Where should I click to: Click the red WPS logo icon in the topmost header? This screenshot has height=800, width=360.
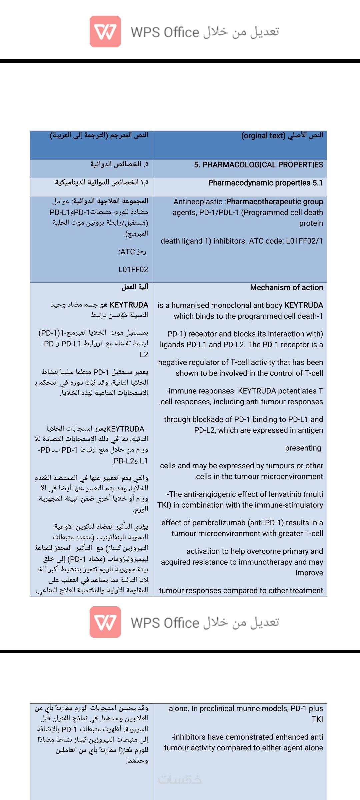[x=105, y=31]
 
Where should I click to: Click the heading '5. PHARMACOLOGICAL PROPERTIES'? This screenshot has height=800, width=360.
[x=258, y=165]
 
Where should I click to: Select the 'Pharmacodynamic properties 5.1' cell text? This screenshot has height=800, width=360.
[x=265, y=183]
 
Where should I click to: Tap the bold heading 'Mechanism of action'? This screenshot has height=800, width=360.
[x=286, y=287]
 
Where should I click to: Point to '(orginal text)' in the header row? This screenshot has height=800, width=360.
[x=263, y=136]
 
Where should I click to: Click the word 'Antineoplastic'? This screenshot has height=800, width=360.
[x=198, y=202]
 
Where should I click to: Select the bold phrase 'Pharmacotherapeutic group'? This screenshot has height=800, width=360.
[x=275, y=202]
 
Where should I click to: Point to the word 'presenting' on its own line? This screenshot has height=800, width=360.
[x=303, y=448]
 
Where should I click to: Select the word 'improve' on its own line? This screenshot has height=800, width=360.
[x=309, y=573]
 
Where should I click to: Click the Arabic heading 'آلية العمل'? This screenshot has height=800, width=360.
[x=135, y=287]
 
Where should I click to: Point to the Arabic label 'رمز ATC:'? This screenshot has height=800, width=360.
[x=132, y=252]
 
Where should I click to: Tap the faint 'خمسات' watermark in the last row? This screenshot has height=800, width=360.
[x=180, y=780]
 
